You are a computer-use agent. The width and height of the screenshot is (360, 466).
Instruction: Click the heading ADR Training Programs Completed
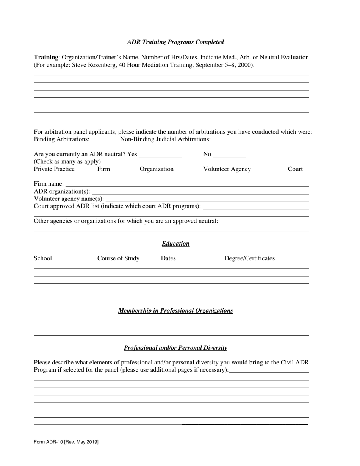[175, 42]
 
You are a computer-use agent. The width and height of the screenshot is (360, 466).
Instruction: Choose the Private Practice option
[54, 169]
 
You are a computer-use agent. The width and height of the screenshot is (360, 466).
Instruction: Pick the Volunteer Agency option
[227, 169]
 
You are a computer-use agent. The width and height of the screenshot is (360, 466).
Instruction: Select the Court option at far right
[295, 169]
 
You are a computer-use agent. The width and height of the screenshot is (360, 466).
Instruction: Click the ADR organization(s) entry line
[200, 192]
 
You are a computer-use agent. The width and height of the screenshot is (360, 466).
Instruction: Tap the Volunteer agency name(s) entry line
[207, 199]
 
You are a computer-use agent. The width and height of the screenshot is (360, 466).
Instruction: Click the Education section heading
[175, 244]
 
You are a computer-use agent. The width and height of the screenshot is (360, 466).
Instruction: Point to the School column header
[43, 258]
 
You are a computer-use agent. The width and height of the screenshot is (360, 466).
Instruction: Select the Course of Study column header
[118, 258]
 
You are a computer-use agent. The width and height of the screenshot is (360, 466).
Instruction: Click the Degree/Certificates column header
[249, 258]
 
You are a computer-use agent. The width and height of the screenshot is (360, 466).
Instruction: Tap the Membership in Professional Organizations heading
[175, 311]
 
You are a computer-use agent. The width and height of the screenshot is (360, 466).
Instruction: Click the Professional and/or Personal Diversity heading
[175, 348]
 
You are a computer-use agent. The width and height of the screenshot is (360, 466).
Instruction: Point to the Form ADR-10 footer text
[66, 442]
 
